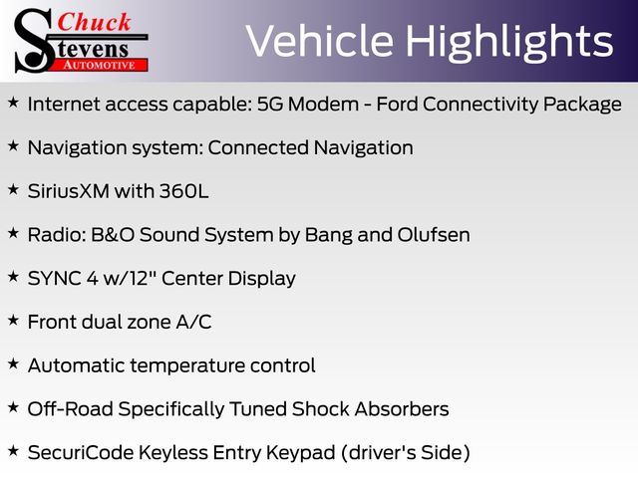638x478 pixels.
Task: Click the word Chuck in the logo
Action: (x=94, y=22)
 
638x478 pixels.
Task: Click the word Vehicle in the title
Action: (x=319, y=41)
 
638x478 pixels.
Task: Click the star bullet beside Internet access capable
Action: (x=13, y=102)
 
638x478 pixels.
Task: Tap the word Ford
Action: (x=397, y=104)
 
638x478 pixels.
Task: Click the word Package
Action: (x=582, y=105)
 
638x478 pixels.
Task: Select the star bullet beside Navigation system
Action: (x=13, y=145)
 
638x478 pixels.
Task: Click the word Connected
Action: (x=258, y=147)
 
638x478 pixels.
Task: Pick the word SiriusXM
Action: (x=69, y=191)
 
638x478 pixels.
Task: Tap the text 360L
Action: (x=183, y=191)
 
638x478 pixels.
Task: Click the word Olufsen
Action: (x=434, y=235)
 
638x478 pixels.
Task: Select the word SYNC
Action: (x=54, y=279)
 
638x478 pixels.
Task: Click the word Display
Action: (x=261, y=279)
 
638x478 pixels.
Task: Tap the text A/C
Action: (x=193, y=322)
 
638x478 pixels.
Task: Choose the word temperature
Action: (x=187, y=365)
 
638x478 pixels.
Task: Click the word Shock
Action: (x=320, y=409)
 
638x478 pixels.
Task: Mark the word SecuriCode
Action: (x=81, y=452)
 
